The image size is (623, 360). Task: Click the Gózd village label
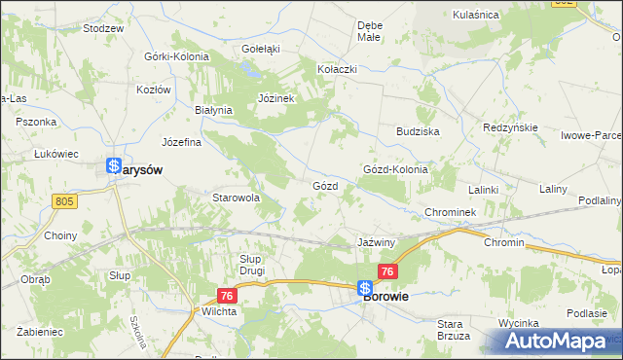[324, 185]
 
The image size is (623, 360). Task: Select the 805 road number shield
[64, 201]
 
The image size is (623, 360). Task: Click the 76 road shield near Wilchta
[226, 295]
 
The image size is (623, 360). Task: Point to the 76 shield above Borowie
[387, 271]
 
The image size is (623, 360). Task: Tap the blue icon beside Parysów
[115, 167]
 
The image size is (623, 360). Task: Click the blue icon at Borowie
[364, 289]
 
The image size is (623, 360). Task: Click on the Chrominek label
[449, 211]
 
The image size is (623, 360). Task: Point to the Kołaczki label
[338, 70]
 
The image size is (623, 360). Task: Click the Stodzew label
[103, 28]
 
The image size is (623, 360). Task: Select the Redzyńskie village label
[512, 128]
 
